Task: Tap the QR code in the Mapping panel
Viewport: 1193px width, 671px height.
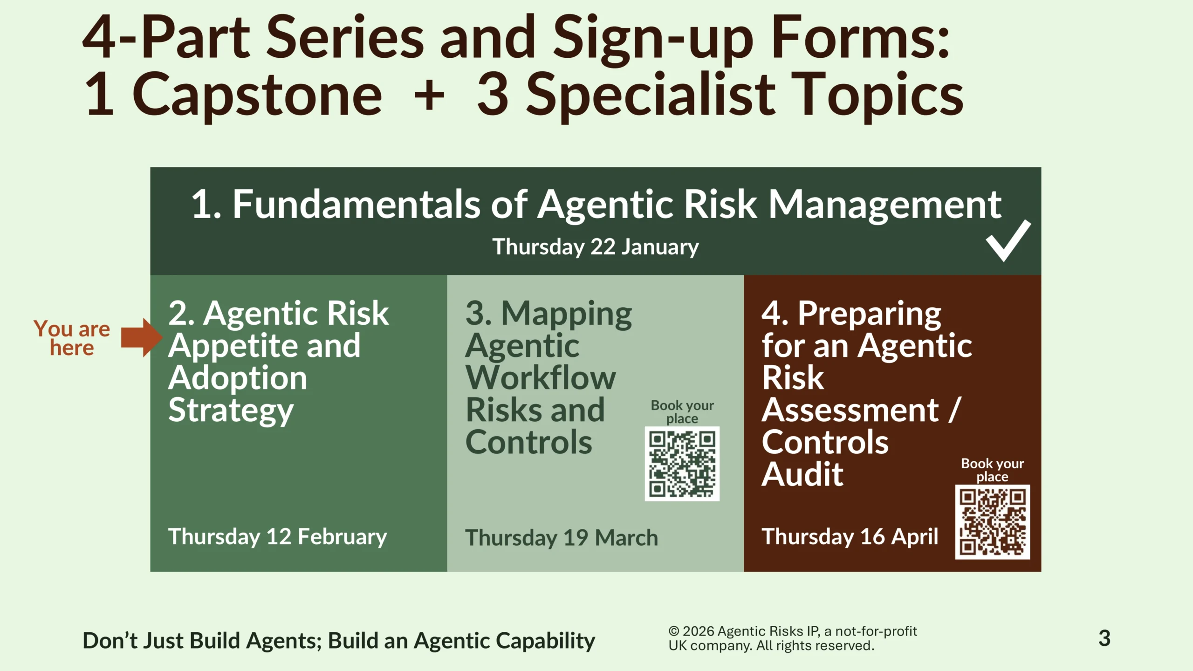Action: click(682, 464)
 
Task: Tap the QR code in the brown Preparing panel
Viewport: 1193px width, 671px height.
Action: click(993, 522)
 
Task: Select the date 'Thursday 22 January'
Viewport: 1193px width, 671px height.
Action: click(596, 247)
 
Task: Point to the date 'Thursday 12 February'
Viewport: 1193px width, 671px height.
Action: click(277, 537)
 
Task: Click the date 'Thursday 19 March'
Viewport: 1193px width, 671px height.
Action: click(562, 538)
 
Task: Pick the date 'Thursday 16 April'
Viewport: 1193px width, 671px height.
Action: click(850, 537)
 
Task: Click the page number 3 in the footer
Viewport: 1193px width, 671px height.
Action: click(1104, 638)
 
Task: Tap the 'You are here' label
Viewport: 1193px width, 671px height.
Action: click(72, 338)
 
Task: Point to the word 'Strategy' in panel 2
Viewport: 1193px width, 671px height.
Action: click(231, 411)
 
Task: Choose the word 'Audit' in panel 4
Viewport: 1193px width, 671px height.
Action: click(802, 474)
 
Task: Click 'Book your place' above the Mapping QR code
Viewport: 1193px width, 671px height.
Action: click(682, 412)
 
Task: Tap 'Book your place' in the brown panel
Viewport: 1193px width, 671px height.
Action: click(993, 470)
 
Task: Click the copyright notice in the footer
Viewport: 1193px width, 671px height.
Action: click(793, 638)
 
